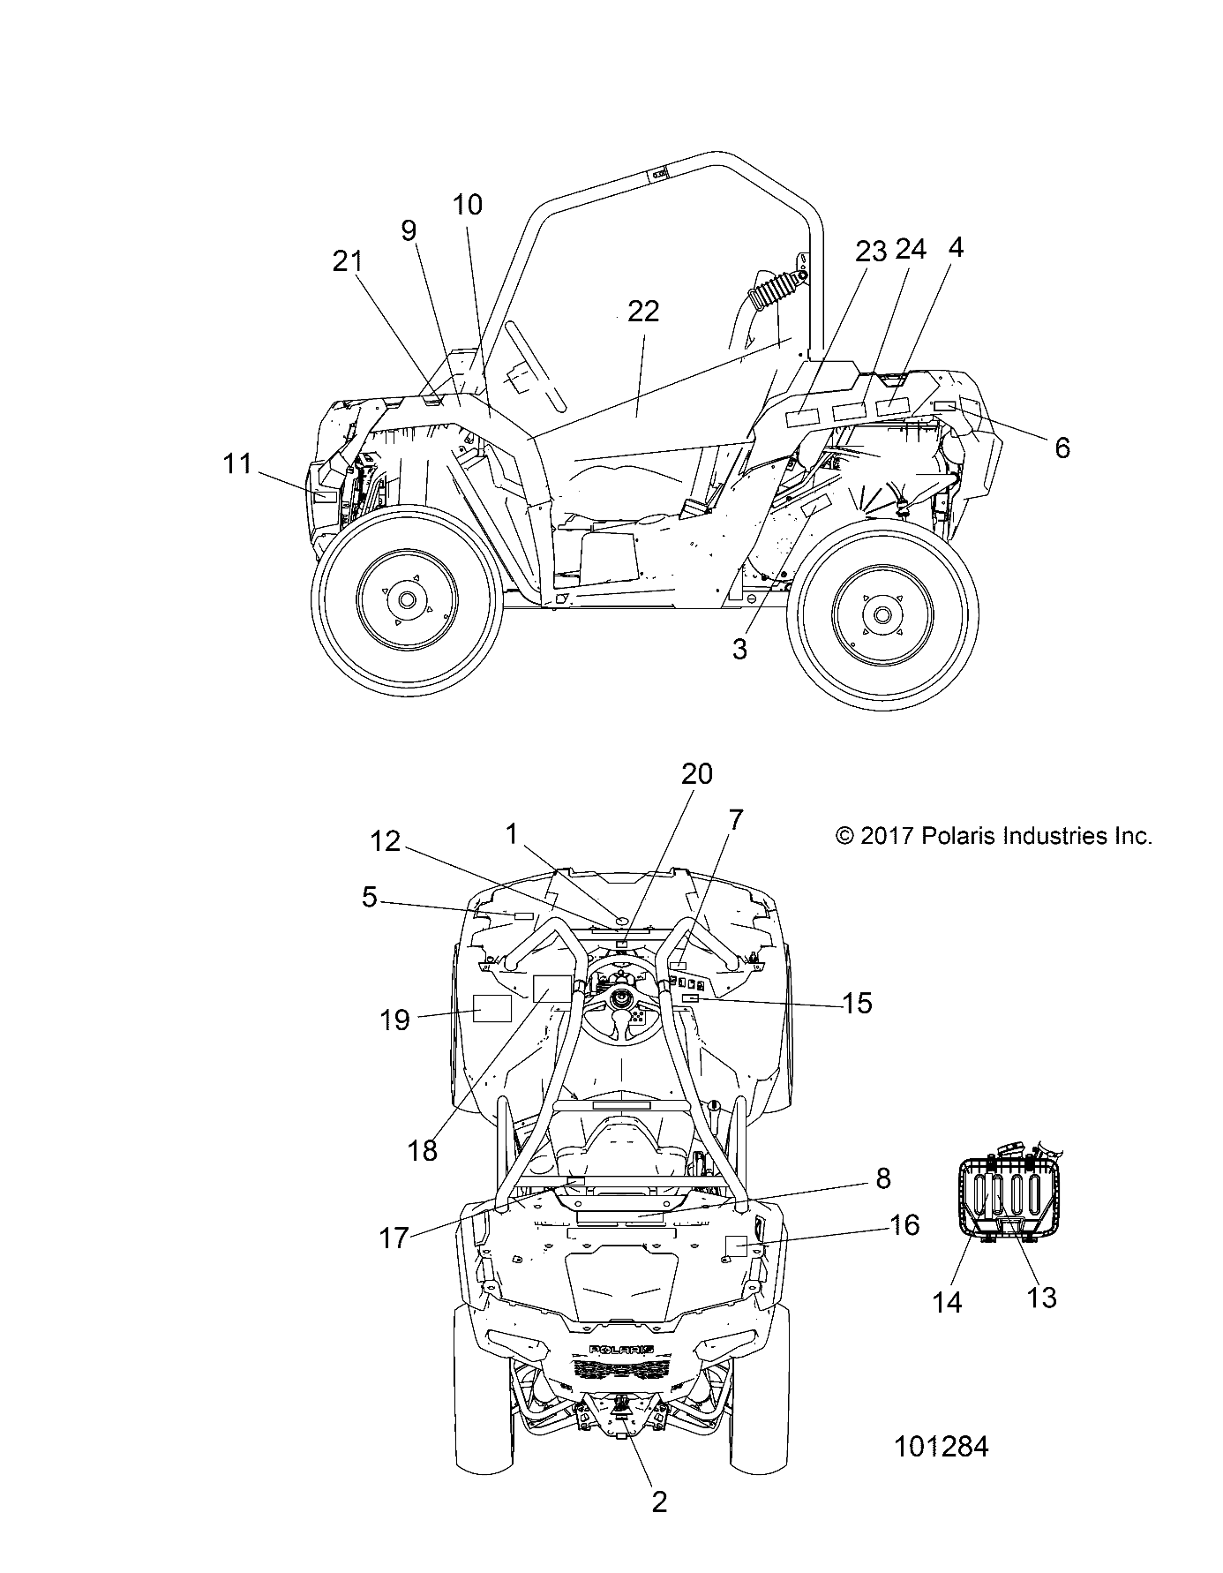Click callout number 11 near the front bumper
coord(236,463)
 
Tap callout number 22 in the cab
coord(643,312)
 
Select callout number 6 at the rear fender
coord(1062,448)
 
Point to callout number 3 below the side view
coord(739,649)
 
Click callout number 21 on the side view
coord(348,261)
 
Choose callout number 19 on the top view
coord(395,1020)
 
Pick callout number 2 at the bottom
coord(659,1501)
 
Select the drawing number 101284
coord(941,1447)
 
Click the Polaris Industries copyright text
coord(994,835)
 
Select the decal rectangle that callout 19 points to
coord(492,1007)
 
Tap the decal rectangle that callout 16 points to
coord(736,1246)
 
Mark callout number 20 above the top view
coord(696,774)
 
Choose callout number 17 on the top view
coord(394,1238)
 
